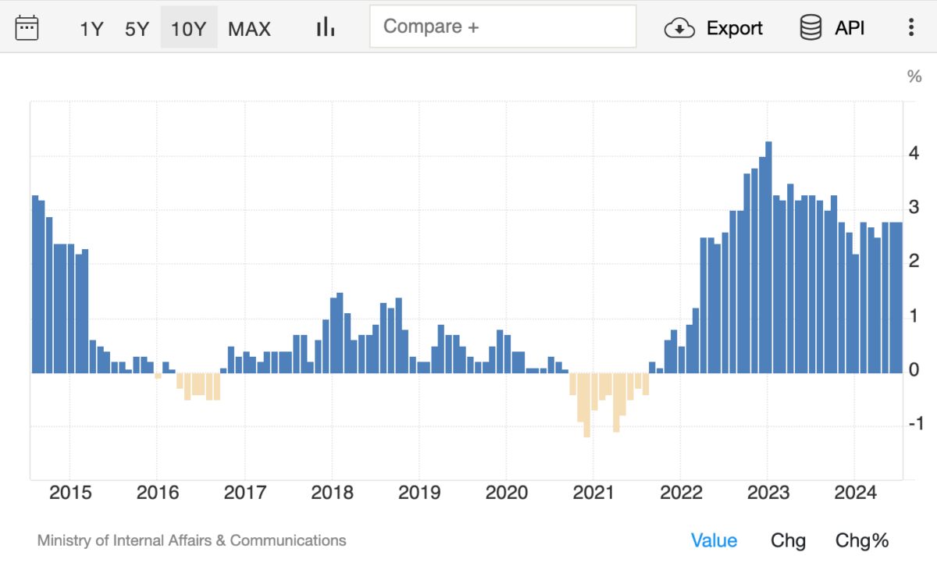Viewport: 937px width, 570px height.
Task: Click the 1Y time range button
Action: [x=91, y=29]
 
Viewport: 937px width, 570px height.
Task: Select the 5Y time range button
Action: [x=137, y=29]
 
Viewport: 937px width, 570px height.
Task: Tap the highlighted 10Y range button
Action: [x=188, y=29]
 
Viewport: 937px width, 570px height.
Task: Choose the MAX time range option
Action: [x=249, y=29]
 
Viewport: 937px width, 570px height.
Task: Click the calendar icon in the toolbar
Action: [x=27, y=28]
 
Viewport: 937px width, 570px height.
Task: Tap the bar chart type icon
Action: [x=325, y=28]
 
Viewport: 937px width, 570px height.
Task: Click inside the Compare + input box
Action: [x=502, y=27]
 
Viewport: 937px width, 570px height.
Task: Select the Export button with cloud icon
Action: [x=713, y=28]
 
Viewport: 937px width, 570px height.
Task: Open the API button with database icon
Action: [x=832, y=28]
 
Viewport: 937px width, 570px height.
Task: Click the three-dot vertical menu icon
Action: [x=910, y=28]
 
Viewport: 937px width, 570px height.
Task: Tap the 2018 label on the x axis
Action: [x=332, y=493]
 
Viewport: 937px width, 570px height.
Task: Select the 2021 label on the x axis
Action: [x=593, y=493]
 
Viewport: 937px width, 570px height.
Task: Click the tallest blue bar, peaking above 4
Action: [x=768, y=258]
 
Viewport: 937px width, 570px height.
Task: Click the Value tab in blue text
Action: [x=714, y=540]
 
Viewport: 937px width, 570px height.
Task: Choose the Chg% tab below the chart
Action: [x=862, y=540]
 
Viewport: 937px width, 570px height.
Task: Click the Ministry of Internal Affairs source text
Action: [x=191, y=540]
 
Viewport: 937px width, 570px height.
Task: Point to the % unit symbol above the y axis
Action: [x=914, y=77]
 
